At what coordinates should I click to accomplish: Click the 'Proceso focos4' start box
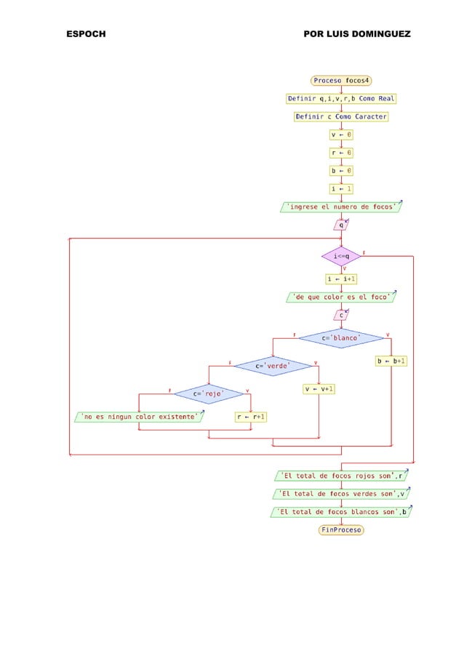(341, 80)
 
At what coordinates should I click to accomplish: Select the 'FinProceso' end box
(341, 530)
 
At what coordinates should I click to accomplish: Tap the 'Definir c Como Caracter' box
(341, 116)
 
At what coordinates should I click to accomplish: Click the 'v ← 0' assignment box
(341, 135)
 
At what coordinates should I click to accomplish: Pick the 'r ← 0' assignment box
(341, 153)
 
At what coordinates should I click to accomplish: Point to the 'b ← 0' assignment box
(341, 171)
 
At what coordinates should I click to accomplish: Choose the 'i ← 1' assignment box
(341, 189)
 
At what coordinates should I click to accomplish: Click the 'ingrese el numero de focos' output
(341, 207)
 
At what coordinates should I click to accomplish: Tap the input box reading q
(341, 225)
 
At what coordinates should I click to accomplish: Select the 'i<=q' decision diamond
(341, 257)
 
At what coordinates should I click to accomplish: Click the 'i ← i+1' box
(341, 279)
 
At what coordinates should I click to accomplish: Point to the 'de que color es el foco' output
(341, 297)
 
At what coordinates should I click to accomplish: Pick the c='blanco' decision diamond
(341, 338)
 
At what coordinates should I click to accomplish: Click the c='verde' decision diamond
(273, 366)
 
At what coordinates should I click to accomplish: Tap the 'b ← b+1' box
(391, 361)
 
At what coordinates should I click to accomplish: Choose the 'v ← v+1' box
(319, 389)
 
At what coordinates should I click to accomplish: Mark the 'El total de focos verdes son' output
(341, 494)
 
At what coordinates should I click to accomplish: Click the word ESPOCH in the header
(86, 34)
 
